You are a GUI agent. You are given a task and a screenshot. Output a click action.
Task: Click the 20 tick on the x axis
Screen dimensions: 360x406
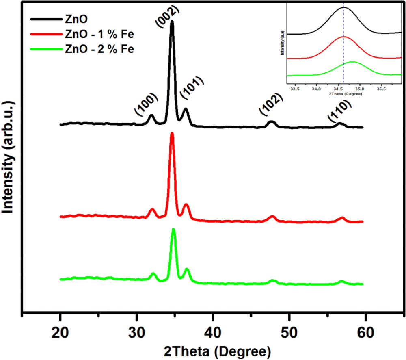(x=60, y=330)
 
